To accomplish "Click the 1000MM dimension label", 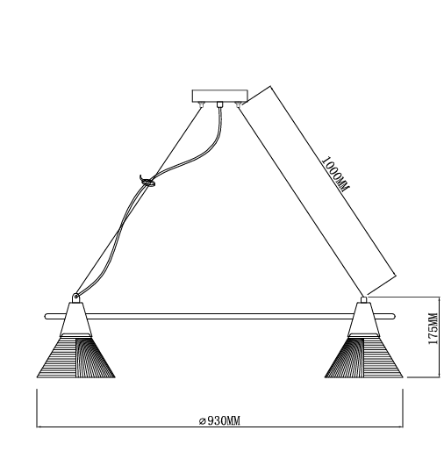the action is pos(335,174).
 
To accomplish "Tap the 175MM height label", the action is pos(433,329).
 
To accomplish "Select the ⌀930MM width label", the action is pos(219,421).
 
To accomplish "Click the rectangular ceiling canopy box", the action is pos(220,96).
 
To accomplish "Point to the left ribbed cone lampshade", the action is pos(75,356).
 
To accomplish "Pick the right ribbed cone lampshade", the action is pos(363,356).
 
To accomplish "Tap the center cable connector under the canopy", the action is pos(219,104).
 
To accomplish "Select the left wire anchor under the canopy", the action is pos(202,104).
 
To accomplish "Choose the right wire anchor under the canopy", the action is pos(238,104).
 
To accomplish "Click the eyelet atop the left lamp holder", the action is pos(75,298).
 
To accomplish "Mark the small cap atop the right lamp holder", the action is pos(363,299).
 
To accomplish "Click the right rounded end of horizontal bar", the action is pos(393,317).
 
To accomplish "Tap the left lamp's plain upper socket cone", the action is pos(75,319).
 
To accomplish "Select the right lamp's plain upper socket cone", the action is pos(363,319).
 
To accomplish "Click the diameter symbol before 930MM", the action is pos(203,421).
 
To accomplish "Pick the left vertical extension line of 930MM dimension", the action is pos(37,408).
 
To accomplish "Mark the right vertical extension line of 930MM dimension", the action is pos(403,408).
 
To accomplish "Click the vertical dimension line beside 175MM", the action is pos(439,337).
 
